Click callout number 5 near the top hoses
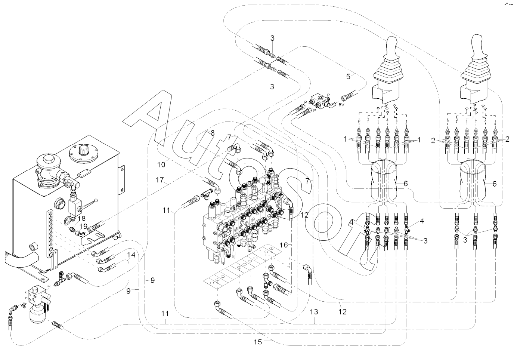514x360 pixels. point(348,77)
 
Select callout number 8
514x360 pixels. point(212,133)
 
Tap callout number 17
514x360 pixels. point(160,180)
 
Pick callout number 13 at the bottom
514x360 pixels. point(314,311)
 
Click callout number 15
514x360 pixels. point(258,341)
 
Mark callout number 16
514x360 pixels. point(284,245)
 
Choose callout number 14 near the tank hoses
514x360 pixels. point(131,255)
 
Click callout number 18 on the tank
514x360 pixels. point(81,218)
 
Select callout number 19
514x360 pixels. point(83,226)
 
